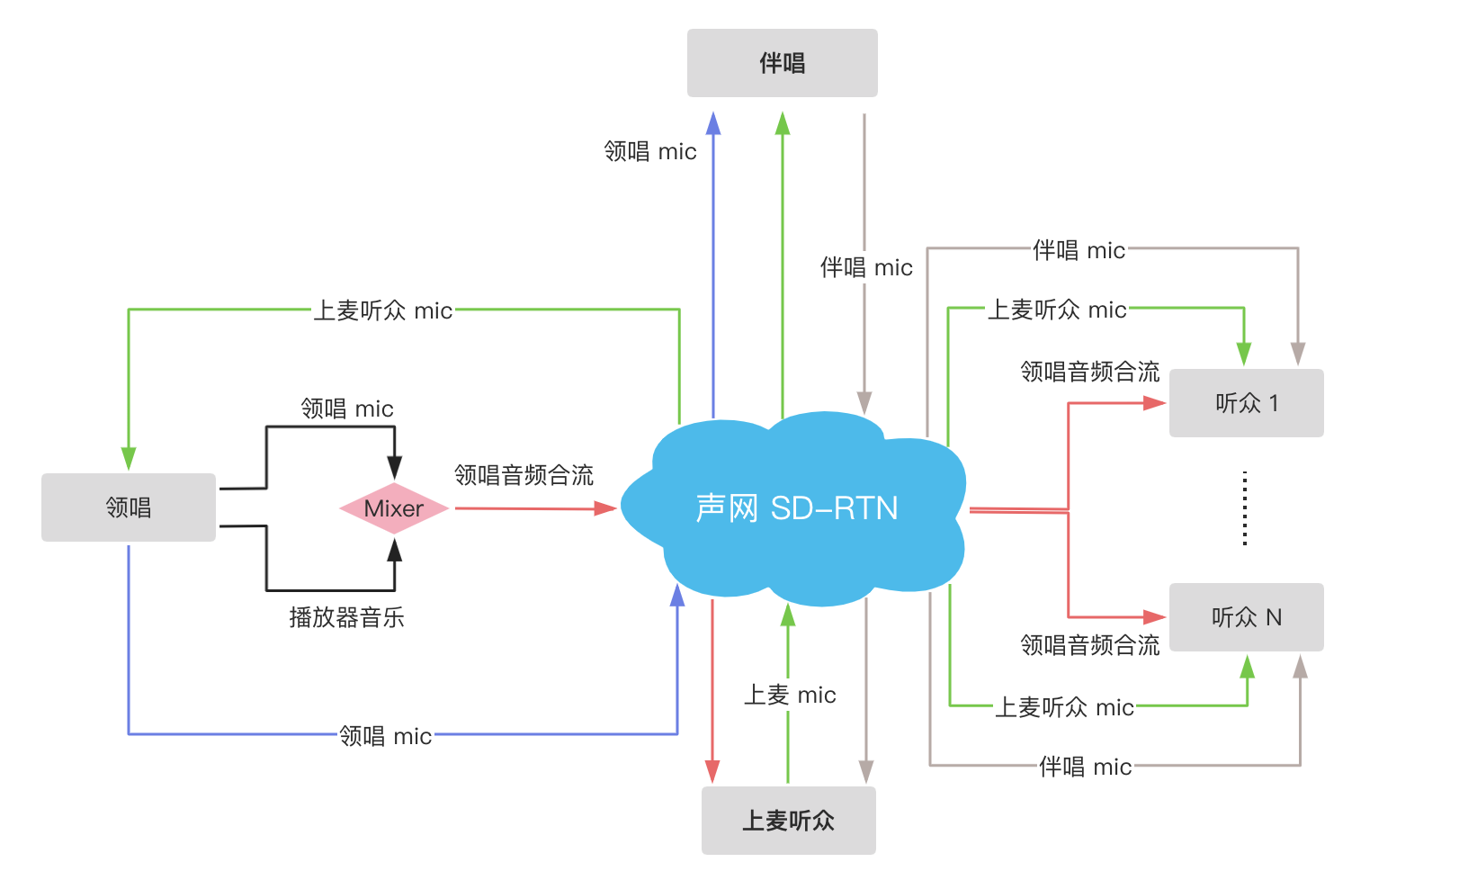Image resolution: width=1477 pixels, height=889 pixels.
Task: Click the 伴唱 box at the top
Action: pyautogui.click(x=782, y=63)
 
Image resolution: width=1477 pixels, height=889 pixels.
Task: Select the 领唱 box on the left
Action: pyautogui.click(x=129, y=507)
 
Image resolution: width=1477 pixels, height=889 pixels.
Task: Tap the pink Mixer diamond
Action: pyautogui.click(x=394, y=508)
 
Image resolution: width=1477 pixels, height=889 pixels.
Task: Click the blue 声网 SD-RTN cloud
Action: pyautogui.click(x=796, y=508)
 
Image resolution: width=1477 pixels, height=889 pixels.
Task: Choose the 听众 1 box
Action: pyautogui.click(x=1246, y=403)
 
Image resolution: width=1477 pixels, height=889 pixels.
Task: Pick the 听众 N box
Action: pyautogui.click(x=1246, y=617)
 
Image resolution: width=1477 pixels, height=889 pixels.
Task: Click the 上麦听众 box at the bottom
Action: pyautogui.click(x=788, y=821)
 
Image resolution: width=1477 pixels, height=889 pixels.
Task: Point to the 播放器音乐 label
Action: pyautogui.click(x=346, y=617)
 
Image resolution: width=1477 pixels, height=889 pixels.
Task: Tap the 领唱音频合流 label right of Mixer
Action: pyautogui.click(x=524, y=475)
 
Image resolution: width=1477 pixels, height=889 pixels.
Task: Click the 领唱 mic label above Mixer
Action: pyautogui.click(x=347, y=409)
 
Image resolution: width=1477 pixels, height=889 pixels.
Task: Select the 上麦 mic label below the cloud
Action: pyautogui.click(x=790, y=695)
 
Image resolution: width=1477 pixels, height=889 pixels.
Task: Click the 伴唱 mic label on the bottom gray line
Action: pyautogui.click(x=1085, y=767)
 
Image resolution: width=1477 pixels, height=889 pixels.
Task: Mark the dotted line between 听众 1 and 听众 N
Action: pyautogui.click(x=1245, y=508)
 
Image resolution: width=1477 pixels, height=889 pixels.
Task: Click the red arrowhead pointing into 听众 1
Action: pyautogui.click(x=1155, y=403)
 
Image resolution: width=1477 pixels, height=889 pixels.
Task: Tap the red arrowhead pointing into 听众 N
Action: pyautogui.click(x=1155, y=617)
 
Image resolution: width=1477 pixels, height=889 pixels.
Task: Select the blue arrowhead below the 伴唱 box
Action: pyautogui.click(x=713, y=124)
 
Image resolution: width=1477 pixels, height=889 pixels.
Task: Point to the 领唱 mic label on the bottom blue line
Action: pyautogui.click(x=385, y=736)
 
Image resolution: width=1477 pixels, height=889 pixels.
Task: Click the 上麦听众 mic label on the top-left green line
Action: pyautogui.click(x=382, y=310)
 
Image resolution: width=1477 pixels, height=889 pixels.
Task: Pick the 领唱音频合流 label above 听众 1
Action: pyautogui.click(x=1090, y=372)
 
